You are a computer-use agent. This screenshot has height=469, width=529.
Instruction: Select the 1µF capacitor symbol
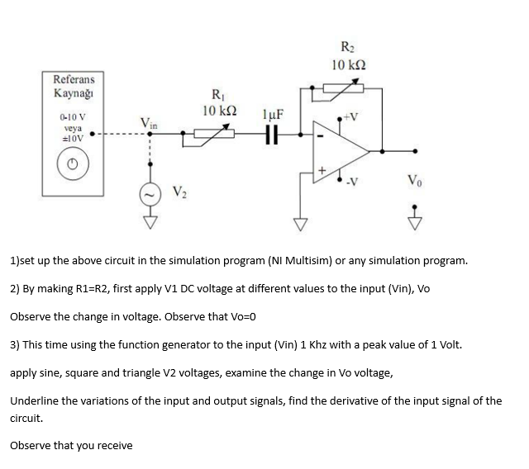[269, 142]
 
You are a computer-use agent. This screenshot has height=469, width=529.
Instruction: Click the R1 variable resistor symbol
[214, 141]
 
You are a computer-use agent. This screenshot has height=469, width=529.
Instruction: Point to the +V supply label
[355, 116]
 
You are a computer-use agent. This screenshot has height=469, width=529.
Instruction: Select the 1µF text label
[273, 115]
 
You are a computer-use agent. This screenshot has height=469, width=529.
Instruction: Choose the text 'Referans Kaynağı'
[74, 87]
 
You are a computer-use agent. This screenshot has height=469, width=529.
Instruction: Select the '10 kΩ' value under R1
[216, 111]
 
